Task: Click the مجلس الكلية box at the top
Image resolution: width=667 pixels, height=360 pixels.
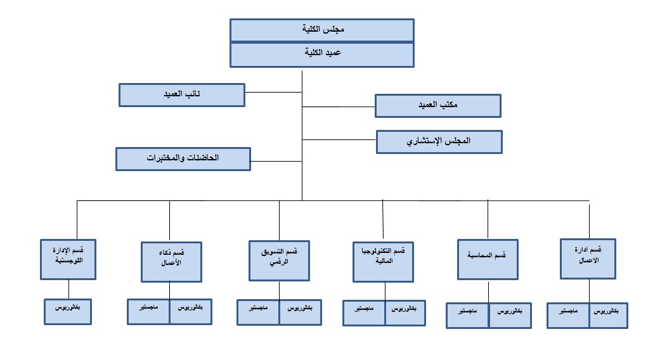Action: click(x=321, y=30)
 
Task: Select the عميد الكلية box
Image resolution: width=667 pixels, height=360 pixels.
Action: click(x=321, y=55)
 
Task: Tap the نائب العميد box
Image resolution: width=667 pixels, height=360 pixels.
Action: click(x=181, y=94)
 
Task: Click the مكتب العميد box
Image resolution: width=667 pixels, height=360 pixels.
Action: click(x=437, y=106)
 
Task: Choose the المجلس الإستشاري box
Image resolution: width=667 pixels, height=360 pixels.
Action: click(x=439, y=142)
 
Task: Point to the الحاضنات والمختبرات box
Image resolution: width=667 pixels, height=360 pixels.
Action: click(x=183, y=158)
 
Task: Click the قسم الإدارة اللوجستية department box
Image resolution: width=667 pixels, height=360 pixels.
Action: click(x=68, y=259)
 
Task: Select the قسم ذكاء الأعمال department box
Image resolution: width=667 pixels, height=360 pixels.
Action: click(x=171, y=261)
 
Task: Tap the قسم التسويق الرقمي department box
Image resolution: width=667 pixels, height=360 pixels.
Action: click(x=279, y=260)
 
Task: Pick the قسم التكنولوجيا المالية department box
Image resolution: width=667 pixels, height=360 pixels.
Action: click(x=384, y=261)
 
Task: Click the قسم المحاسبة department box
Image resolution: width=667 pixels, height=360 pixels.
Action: click(x=488, y=259)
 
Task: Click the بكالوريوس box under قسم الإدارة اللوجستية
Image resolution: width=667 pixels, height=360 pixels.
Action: click(x=68, y=311)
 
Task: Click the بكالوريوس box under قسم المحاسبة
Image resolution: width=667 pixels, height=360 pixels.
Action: click(x=510, y=315)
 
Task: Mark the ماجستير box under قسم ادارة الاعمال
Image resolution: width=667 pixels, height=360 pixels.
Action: click(x=569, y=315)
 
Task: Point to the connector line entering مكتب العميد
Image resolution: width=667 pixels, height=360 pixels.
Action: click(x=339, y=107)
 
